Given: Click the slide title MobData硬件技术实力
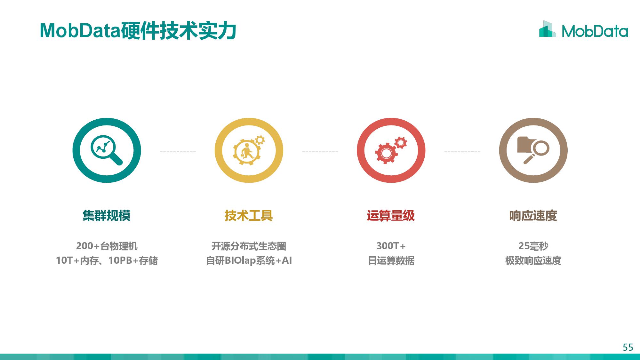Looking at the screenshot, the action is (138, 31).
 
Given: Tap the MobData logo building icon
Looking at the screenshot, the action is (547, 29).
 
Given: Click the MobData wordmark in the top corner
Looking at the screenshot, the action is (595, 31).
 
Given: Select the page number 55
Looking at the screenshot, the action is (628, 347).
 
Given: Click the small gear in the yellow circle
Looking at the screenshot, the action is (260, 140).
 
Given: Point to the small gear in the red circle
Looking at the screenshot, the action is (401, 143).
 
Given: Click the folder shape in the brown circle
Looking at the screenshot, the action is (525, 144).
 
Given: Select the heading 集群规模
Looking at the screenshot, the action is (107, 216).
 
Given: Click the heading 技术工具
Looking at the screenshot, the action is (249, 216).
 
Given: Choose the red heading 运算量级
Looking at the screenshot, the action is (391, 216).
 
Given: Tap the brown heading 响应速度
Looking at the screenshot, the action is (533, 216).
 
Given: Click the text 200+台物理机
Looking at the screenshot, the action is (107, 246).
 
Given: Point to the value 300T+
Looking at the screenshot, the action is (391, 246).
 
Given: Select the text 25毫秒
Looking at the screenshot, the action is (533, 246).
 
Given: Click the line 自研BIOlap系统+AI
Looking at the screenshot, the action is (249, 260).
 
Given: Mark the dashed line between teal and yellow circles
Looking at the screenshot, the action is (178, 151).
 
